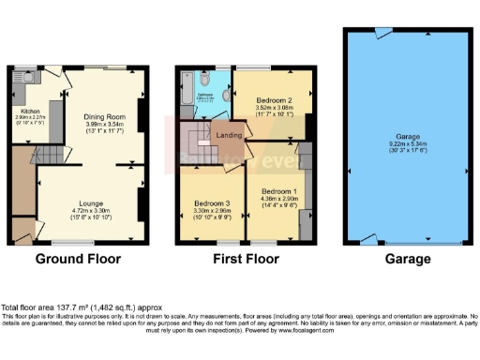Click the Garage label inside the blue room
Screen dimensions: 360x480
click(400, 137)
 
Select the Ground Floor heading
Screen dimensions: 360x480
click(82, 259)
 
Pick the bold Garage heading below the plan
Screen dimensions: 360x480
click(400, 259)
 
